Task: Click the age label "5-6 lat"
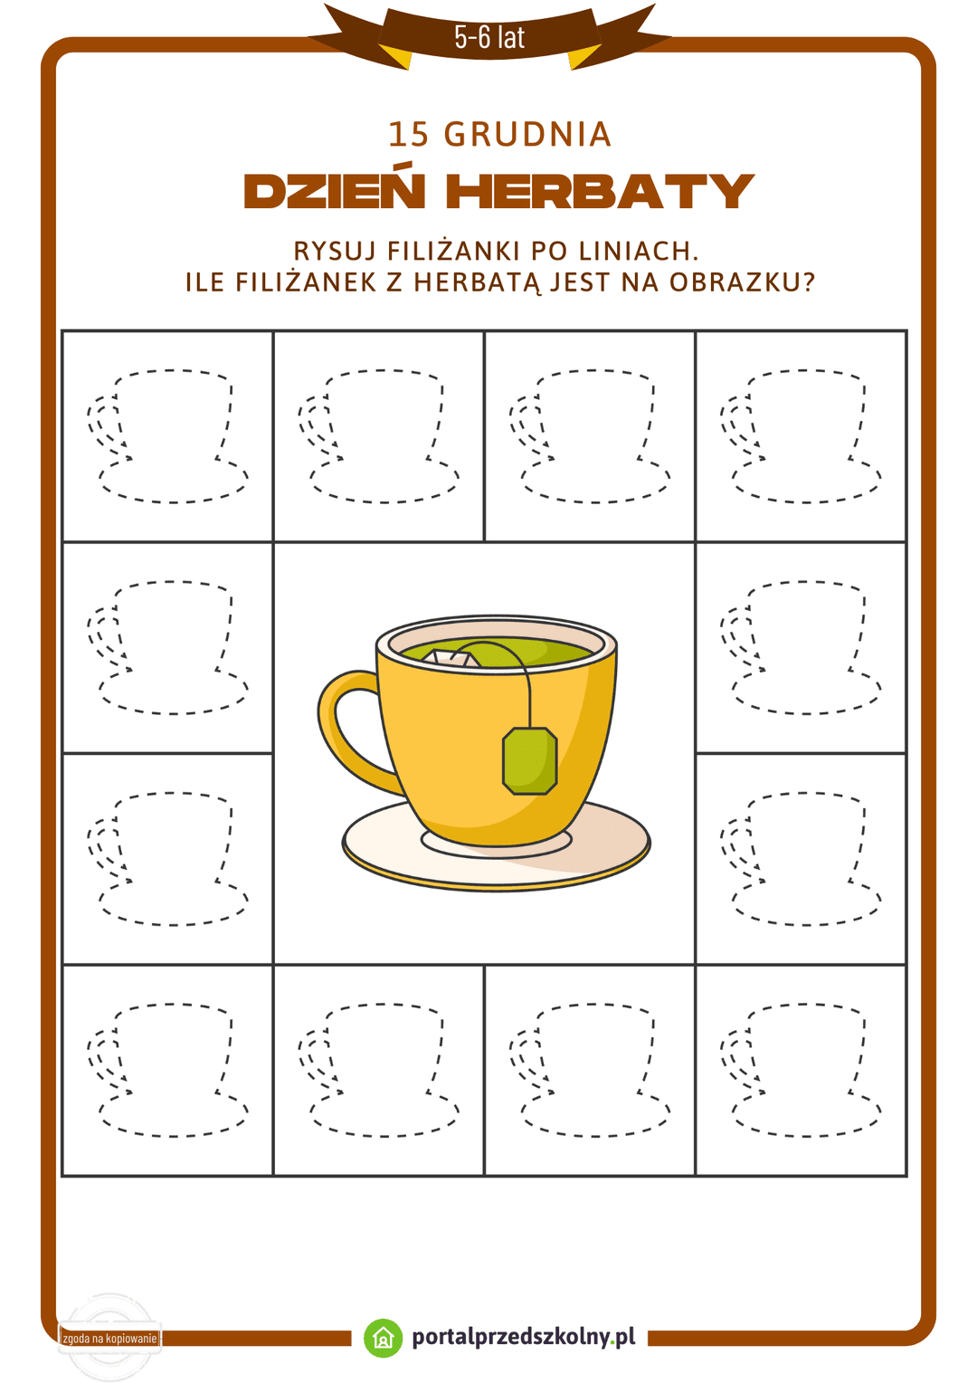[x=489, y=37]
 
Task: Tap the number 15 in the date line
[x=408, y=135]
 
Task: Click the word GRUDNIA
[x=528, y=135]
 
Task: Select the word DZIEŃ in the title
[x=335, y=191]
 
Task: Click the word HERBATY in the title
[x=600, y=191]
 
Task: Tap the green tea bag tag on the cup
[x=529, y=761]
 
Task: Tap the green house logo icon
[x=383, y=1338]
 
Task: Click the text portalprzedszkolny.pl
[x=524, y=1337]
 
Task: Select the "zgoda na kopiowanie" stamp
[x=109, y=1338]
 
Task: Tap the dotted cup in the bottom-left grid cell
[x=168, y=1070]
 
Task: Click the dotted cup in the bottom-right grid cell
[x=802, y=1070]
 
